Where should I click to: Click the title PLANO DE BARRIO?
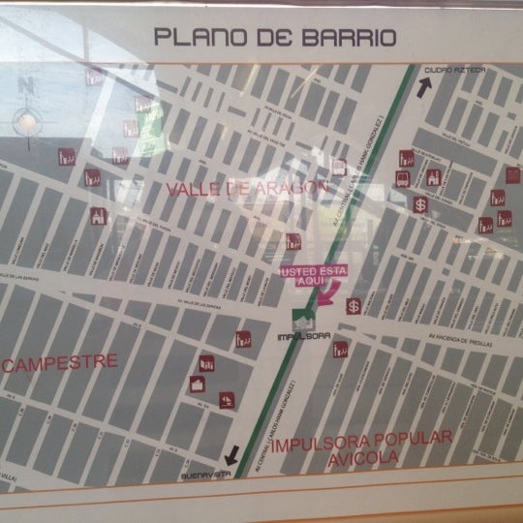click(x=275, y=38)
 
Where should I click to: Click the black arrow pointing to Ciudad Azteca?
click(x=423, y=87)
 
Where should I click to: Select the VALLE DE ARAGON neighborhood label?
click(x=240, y=188)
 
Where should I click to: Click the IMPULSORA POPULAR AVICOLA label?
click(x=360, y=452)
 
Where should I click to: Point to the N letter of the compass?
click(x=23, y=84)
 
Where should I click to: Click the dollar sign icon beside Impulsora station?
click(x=354, y=306)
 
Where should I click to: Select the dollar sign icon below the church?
click(x=420, y=204)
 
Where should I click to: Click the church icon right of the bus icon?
click(x=433, y=178)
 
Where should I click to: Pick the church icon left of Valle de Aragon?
click(x=97, y=216)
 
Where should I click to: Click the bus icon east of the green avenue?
click(x=402, y=178)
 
